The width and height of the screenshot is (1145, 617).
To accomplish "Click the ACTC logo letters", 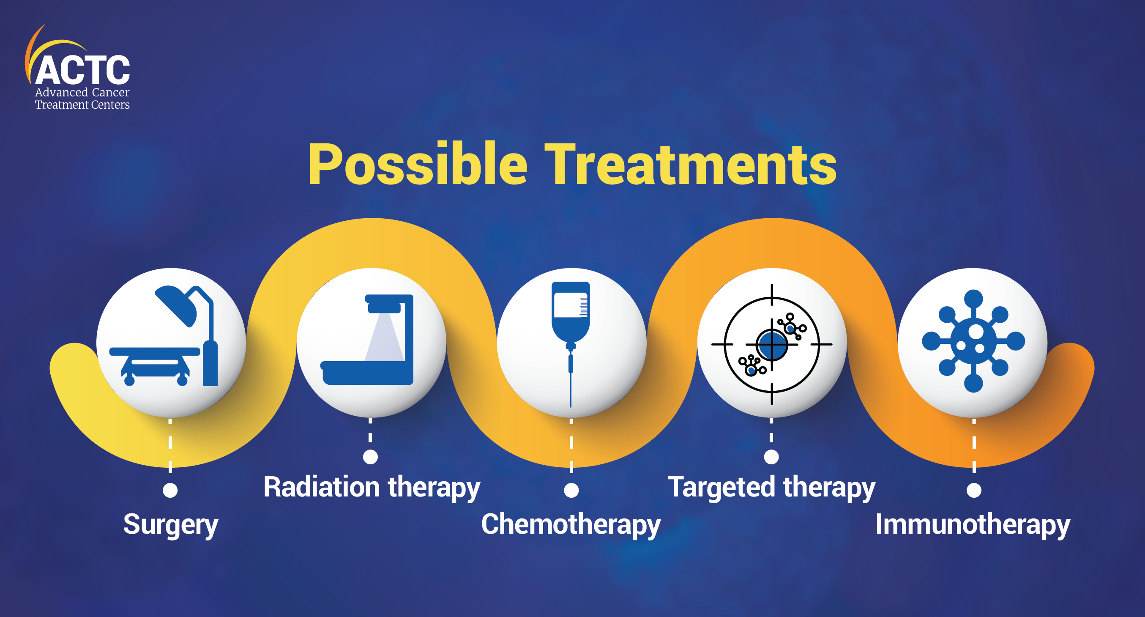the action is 83,70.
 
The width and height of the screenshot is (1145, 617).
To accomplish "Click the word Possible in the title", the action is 418,164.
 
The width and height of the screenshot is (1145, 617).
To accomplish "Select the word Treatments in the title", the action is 690,164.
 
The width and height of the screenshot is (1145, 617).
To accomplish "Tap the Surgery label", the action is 171,525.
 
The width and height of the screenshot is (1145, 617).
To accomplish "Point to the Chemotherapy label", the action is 571,525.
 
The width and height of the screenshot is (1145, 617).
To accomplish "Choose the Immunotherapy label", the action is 973,525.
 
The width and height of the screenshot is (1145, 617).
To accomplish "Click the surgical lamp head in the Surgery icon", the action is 176,305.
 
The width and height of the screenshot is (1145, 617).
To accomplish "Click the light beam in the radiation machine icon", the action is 384,337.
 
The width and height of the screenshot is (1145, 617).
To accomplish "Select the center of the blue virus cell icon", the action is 973,341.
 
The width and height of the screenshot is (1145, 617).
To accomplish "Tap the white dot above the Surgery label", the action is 170,490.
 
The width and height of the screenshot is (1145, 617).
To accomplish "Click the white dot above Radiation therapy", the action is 370,457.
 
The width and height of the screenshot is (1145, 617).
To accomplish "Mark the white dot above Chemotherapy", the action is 571,490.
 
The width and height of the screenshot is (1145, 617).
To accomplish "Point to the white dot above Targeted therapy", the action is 771,457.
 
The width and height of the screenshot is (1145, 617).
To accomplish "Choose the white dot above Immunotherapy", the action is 974,490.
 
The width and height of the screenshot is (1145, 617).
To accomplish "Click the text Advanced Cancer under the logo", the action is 82,92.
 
